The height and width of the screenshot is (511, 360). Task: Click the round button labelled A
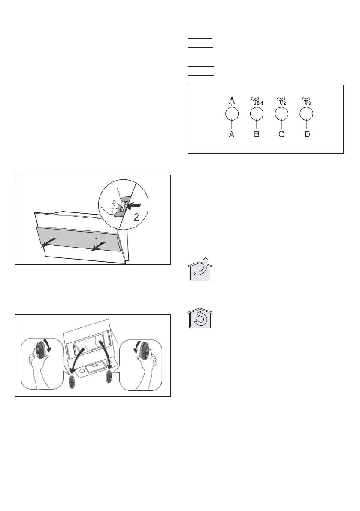point(232,113)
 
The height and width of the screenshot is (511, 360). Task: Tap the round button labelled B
point(257,113)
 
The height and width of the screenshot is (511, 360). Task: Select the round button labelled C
point(281,113)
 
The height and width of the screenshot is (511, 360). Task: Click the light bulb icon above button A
point(232,101)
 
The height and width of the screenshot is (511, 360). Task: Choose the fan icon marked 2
point(281,101)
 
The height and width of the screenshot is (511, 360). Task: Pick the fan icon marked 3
point(306,101)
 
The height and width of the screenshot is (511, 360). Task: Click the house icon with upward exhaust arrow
point(200,271)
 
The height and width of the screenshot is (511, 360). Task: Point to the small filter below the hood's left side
point(72,381)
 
